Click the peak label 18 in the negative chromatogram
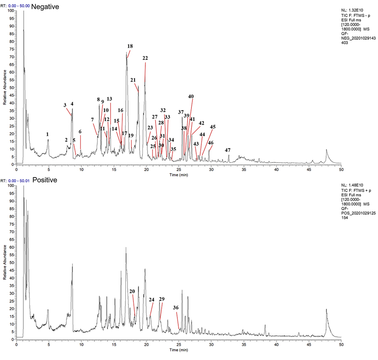[130, 46]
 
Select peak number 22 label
[145, 58]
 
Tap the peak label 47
[227, 150]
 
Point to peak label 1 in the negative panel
[48, 134]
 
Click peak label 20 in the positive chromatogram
[132, 291]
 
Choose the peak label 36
[176, 308]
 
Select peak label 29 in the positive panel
[162, 299]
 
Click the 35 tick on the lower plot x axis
[243, 344]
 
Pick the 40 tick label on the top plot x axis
[276, 170]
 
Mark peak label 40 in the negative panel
[191, 96]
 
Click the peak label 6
[80, 132]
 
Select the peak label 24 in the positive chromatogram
[152, 300]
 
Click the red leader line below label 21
[137, 86]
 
